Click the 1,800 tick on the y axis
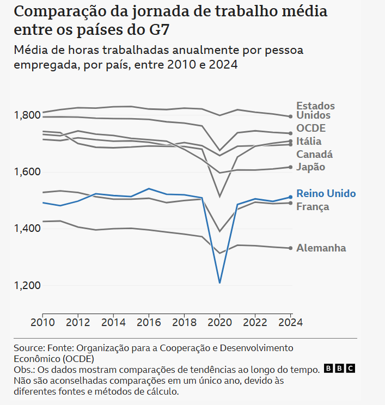26,115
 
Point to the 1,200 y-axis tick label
26,285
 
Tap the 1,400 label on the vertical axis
26,229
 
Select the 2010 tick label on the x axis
42,322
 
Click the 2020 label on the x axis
219,322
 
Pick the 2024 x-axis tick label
291,322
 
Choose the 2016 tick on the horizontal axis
149,322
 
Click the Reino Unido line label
326,194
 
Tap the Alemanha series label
321,248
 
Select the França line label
313,207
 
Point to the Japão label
310,167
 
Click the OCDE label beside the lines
311,128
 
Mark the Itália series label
309,142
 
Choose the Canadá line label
314,155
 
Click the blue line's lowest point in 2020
219,283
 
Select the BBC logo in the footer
339,369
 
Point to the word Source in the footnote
27,348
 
